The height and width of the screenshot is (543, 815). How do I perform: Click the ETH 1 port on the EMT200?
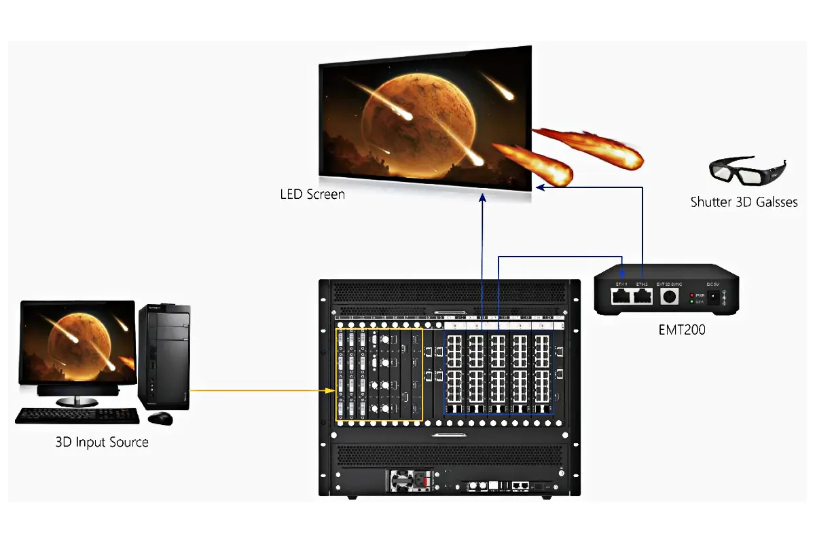621,295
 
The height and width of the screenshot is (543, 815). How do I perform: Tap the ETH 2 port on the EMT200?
642,295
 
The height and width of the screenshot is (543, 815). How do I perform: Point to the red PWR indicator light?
691,295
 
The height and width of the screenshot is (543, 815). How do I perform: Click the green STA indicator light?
691,301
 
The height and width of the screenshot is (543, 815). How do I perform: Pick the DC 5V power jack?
712,297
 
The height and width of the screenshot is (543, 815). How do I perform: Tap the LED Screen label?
312,195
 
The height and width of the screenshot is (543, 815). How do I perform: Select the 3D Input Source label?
102,443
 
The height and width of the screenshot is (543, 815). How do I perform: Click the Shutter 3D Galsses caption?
744,202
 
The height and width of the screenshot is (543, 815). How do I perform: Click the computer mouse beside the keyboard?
161,417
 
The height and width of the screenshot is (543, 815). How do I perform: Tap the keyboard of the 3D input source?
68,415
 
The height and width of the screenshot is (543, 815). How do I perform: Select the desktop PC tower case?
164,356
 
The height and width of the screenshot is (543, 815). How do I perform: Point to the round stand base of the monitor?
77,402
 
